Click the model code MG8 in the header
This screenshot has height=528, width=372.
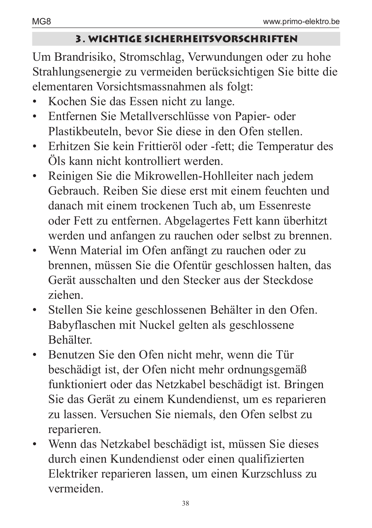point(39,22)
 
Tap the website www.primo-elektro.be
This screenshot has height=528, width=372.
point(301,22)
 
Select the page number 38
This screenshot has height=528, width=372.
point(186,503)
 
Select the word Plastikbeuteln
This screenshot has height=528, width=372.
point(84,131)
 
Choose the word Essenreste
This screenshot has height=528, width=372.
point(285,205)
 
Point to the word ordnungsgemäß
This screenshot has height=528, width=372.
point(267,369)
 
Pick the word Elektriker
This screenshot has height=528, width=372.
point(73,474)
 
